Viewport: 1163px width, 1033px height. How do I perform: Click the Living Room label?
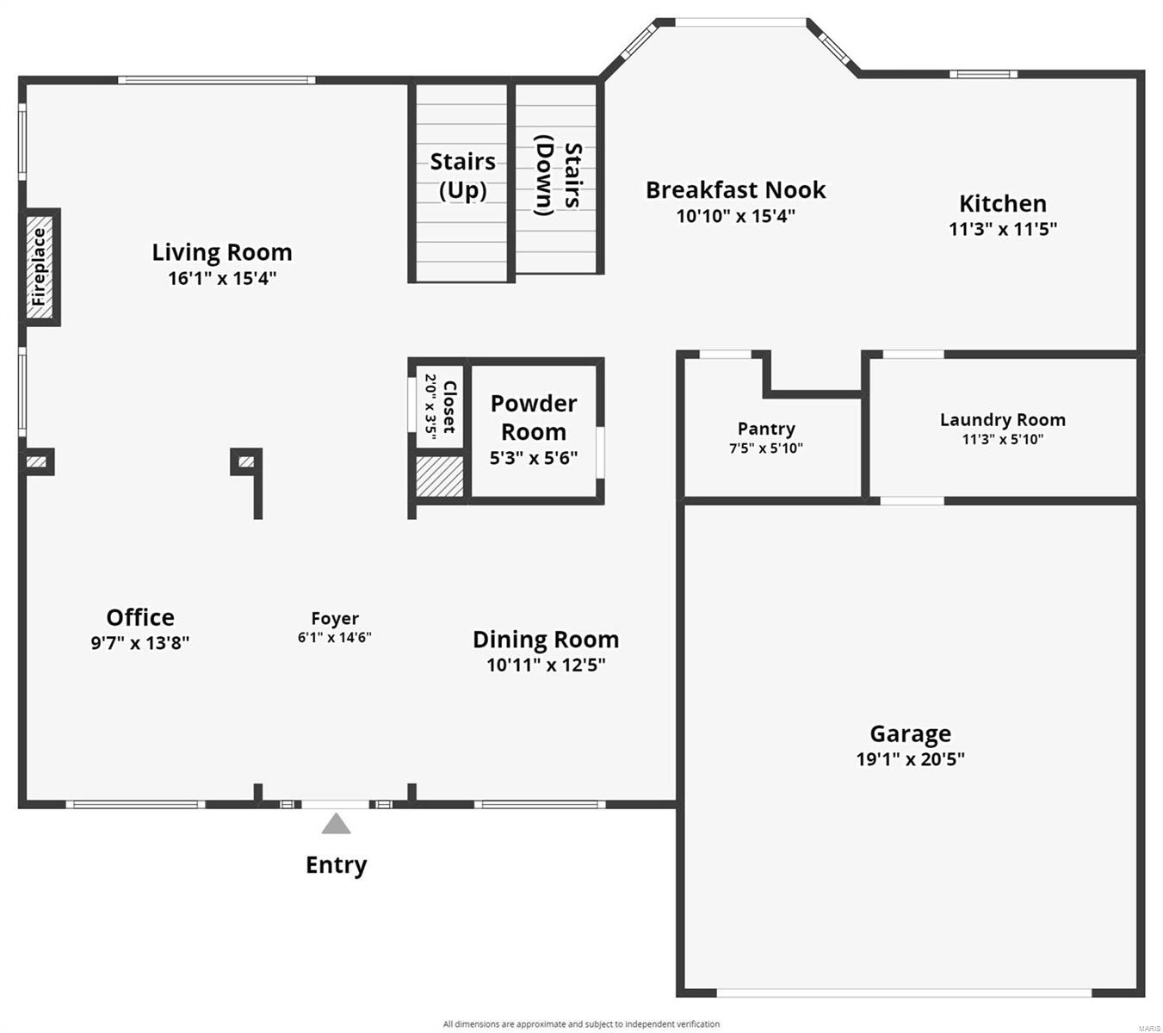tap(222, 252)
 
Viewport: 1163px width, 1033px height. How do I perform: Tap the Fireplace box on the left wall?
tap(40, 266)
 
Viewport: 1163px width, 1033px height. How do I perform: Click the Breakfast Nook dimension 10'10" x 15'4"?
tap(735, 215)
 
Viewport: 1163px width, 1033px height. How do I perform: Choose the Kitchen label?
tap(1003, 204)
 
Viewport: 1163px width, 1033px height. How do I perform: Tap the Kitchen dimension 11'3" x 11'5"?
tap(1003, 229)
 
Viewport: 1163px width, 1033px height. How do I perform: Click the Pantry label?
tap(766, 429)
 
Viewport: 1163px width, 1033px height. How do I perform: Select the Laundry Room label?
tap(1002, 420)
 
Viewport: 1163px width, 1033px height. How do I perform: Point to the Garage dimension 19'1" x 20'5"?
tap(910, 759)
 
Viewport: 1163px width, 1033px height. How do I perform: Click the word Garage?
tap(910, 733)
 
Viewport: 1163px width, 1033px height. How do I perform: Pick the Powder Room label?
tap(534, 418)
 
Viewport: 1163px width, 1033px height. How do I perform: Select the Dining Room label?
tap(546, 640)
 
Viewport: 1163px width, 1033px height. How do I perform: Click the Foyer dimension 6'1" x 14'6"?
tap(334, 638)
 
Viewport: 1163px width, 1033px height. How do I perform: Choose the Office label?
tap(140, 617)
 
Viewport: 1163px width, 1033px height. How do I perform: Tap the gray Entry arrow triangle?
tap(336, 825)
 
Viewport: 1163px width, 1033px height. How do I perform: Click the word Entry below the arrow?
tap(336, 865)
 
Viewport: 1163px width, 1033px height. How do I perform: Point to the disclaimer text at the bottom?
tap(581, 1024)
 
